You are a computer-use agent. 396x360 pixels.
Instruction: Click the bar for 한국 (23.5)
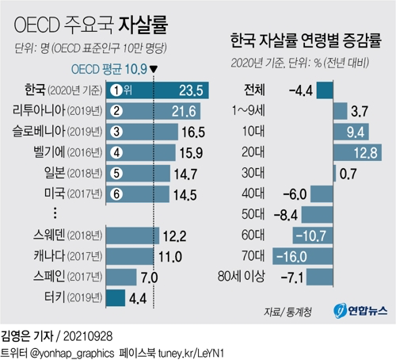coord(158,90)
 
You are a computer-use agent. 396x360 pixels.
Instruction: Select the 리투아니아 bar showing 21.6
coord(153,111)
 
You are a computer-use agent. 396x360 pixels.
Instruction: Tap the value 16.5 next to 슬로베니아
coord(193,132)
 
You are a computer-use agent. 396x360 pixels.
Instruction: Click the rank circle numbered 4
coord(116,152)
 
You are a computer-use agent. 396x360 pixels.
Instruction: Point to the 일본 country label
coord(55,173)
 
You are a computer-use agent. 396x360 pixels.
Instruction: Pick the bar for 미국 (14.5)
coord(138,194)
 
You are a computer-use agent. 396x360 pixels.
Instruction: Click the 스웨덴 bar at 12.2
coord(132,236)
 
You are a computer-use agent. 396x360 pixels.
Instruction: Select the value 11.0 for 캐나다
coord(170,257)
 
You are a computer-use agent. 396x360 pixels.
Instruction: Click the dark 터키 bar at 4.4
coord(116,298)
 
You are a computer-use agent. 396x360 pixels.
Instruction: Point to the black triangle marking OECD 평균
coord(154,69)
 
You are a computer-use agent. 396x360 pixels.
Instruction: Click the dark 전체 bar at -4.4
coord(325,90)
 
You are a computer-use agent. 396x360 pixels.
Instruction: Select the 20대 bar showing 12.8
coord(357,152)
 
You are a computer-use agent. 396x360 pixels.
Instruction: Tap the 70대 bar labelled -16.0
coord(303,256)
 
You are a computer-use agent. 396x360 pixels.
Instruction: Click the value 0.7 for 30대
coord(348,174)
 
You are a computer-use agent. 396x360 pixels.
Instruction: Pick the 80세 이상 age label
coord(241,277)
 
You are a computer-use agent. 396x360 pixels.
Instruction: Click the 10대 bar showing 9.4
coord(351,132)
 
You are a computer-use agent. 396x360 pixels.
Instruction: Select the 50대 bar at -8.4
coord(317,215)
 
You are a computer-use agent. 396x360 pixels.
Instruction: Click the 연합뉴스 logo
coord(360,311)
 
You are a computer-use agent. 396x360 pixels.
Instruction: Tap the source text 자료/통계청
coord(287,312)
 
